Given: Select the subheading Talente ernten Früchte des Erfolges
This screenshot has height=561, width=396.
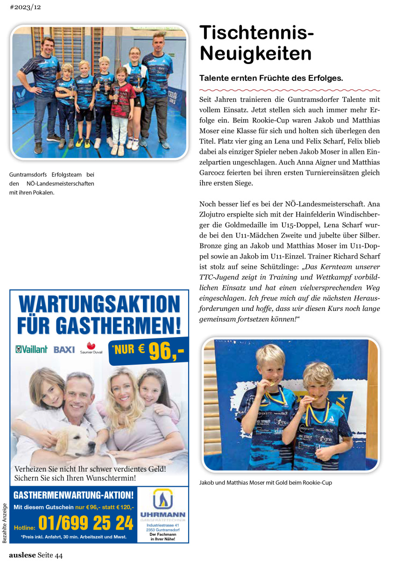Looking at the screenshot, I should coord(271,78).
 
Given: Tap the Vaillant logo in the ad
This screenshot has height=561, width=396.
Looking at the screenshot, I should coord(31,349).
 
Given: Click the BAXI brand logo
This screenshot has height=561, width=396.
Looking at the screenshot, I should coord(64,350).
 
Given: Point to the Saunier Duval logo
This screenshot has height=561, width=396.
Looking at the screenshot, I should coord(91,348).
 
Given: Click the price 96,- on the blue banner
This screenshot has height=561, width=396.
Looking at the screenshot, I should coord(166,351).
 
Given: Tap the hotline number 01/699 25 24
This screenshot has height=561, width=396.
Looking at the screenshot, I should coord(85,523).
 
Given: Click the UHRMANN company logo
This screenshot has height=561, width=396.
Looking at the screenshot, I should coord(163,504).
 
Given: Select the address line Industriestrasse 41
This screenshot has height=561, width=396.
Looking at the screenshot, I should coord(163,525).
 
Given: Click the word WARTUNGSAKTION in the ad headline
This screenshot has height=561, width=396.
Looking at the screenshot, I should coord(99,305).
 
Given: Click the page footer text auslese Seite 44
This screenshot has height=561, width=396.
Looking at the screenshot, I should coord(35,555).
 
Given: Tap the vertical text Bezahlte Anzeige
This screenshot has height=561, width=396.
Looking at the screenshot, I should coord(5,523).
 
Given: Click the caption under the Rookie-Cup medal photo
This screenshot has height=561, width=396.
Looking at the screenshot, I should coord(265,482).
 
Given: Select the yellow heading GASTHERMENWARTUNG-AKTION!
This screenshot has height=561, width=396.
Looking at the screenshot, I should coord(74,495).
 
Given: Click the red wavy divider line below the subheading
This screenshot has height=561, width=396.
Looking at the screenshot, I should coord(290,89).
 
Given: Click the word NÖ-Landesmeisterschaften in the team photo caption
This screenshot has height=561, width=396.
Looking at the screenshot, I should coord(61,183).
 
